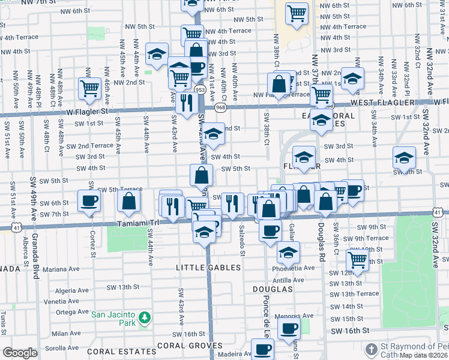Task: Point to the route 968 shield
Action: pos(221,107)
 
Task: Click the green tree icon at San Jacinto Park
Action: pos(143,317)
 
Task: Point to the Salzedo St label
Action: pos(243,241)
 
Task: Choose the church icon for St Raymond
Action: pos(372,349)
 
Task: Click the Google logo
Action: pos(20,353)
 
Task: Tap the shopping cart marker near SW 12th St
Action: pos(357,259)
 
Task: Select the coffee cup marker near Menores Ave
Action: pos(290,329)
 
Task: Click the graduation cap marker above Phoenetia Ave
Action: pos(289,253)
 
